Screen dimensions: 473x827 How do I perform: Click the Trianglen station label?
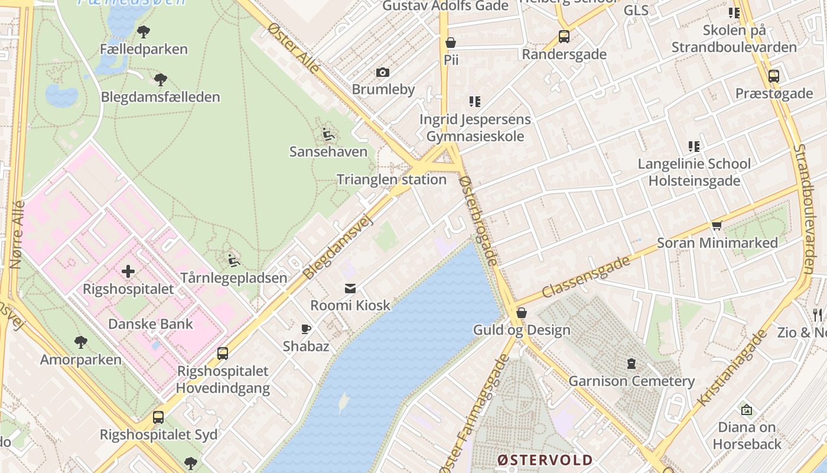(x=391, y=180)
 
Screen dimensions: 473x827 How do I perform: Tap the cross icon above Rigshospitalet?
(x=128, y=272)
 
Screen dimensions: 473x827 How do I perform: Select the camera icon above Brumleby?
(x=383, y=73)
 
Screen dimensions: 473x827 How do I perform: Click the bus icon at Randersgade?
(x=564, y=37)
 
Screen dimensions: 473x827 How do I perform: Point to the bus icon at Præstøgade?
(x=773, y=76)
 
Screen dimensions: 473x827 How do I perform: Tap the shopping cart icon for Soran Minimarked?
(x=717, y=225)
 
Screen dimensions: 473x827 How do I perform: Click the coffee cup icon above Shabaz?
(x=305, y=329)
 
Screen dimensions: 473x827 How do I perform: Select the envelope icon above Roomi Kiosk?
(x=350, y=289)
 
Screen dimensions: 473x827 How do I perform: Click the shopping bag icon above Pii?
(x=451, y=43)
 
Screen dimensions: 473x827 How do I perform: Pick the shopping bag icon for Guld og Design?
(x=522, y=313)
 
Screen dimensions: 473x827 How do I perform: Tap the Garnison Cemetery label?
(x=631, y=381)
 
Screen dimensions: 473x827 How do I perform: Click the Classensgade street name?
(x=586, y=277)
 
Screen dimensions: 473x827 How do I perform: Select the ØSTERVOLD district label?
(x=545, y=460)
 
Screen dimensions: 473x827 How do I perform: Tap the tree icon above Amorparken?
(x=81, y=342)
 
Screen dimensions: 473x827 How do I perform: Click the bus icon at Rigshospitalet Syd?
(x=158, y=417)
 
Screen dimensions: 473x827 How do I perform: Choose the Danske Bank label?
(x=151, y=324)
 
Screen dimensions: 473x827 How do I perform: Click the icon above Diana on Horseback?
(x=747, y=410)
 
